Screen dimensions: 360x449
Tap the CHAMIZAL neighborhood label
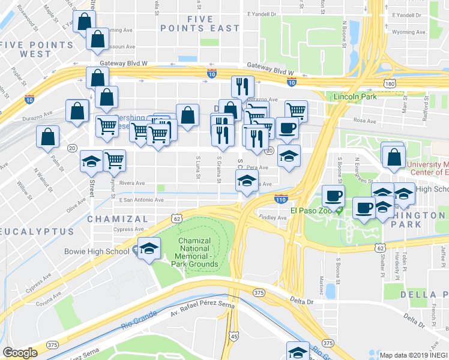117,219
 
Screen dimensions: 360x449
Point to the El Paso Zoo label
311,211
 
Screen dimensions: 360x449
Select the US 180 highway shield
390,84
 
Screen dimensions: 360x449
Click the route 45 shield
234,337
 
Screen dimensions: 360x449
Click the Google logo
20,353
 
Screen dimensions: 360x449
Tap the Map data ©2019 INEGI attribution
413,355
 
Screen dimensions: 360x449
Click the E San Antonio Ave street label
142,199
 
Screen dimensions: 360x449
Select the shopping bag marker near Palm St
47,137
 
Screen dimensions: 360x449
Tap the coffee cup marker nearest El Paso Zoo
333,196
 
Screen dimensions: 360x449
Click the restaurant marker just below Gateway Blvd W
243,87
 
